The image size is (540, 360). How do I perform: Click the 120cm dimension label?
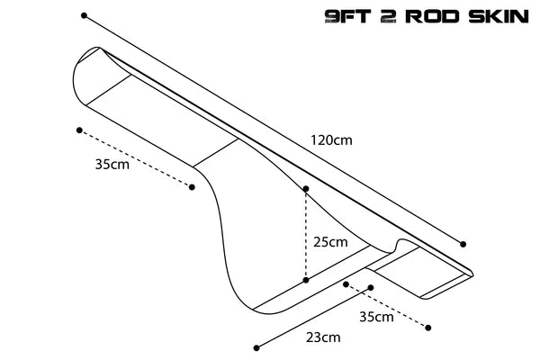click(331, 140)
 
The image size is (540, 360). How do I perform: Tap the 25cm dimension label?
click(330, 242)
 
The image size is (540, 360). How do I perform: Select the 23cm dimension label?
click(323, 337)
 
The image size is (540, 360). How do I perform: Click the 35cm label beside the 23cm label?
click(376, 317)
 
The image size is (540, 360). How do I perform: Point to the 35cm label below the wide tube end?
click(112, 165)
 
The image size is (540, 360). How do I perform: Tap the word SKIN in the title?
click(499, 16)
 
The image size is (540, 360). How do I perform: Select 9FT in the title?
click(347, 16)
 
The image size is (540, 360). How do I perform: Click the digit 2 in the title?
click(388, 16)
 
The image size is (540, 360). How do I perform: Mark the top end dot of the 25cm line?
click(306, 188)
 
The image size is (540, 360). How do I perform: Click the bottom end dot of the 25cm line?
click(306, 281)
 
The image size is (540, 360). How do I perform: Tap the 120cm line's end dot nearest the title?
click(463, 244)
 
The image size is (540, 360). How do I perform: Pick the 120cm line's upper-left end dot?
click(84, 15)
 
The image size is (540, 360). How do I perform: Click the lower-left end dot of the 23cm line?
click(256, 348)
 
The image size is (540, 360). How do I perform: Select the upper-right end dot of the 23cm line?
click(371, 288)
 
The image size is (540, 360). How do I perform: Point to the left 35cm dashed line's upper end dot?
click(79, 130)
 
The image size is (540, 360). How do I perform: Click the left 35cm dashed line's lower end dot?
click(192, 187)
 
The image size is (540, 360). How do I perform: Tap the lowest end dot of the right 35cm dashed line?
click(427, 328)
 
